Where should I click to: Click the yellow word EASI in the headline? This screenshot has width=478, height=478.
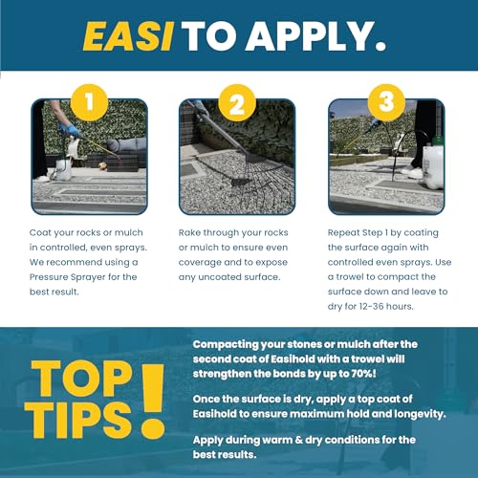(128, 36)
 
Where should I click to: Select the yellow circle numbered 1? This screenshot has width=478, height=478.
(89, 102)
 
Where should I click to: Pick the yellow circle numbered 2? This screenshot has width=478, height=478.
(237, 102)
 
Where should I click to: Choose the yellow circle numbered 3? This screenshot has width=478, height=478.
(386, 102)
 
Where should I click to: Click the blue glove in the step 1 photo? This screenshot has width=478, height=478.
(70, 130)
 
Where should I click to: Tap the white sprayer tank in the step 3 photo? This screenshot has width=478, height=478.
(433, 166)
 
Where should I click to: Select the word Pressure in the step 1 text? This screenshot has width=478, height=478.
(48, 277)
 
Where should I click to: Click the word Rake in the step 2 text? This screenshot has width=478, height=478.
(189, 232)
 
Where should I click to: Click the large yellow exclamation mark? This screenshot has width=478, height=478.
(153, 402)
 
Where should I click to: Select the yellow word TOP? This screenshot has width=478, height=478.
(81, 379)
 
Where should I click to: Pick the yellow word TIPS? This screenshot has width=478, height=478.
(78, 420)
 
